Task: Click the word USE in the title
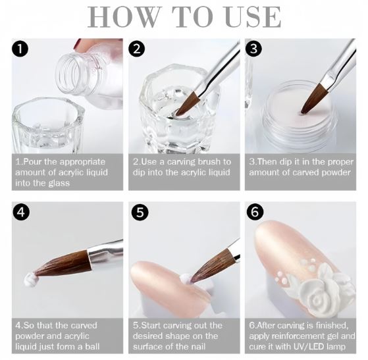click(x=253, y=17)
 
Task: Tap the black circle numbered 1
click(x=20, y=49)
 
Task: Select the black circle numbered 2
click(x=136, y=49)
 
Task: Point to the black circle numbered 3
click(x=253, y=49)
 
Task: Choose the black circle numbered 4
click(x=21, y=212)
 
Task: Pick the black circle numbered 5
click(x=140, y=212)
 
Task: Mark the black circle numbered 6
click(x=255, y=212)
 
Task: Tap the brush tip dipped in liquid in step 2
click(x=186, y=105)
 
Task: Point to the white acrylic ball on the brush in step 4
click(x=30, y=279)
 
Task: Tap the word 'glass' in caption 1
click(x=59, y=183)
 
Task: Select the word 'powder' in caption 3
click(x=336, y=172)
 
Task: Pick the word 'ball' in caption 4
click(x=92, y=346)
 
